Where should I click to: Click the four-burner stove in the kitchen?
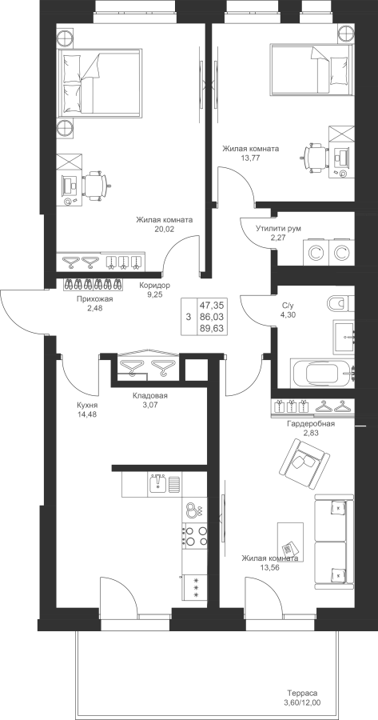click(x=195, y=536)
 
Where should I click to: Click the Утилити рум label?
click(x=279, y=228)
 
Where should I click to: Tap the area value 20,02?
click(x=165, y=228)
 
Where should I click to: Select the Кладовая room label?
click(x=150, y=395)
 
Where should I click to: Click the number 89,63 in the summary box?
click(x=212, y=327)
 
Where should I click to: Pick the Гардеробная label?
click(x=311, y=424)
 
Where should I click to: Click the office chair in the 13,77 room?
click(x=315, y=158)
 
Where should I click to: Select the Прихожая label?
click(x=95, y=299)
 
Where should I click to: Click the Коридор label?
click(x=154, y=285)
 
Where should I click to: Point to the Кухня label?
click(x=88, y=406)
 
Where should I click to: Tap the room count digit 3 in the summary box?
click(x=188, y=317)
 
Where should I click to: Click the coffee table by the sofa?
click(x=290, y=542)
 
